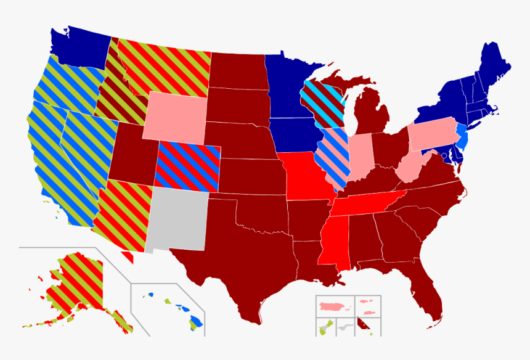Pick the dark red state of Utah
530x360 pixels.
pyautogui.click(x=132, y=154)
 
